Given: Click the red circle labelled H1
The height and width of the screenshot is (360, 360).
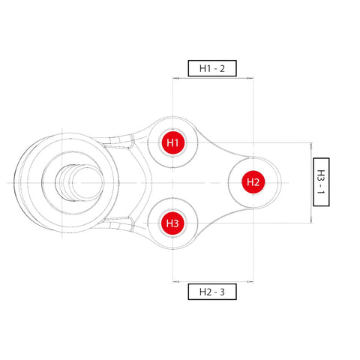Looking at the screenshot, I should (172, 142).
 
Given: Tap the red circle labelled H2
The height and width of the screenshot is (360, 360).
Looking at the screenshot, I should (253, 181).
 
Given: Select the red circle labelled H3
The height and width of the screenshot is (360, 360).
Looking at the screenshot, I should (172, 223).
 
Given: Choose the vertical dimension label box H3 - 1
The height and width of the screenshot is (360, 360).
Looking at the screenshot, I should (321, 182).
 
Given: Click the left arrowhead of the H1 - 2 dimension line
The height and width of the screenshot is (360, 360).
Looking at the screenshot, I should (175, 76).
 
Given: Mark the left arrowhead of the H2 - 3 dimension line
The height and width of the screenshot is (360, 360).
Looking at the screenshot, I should (175, 283).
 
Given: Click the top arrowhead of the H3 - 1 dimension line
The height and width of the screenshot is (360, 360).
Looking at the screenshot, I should (310, 145).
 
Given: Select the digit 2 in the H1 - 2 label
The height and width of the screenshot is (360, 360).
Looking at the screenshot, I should (232, 68).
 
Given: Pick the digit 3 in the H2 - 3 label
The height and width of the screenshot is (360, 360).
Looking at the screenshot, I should (232, 292).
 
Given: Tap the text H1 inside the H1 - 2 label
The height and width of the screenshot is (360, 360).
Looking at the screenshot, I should (205, 68).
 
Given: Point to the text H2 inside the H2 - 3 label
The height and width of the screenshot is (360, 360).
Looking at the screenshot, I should (205, 292).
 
